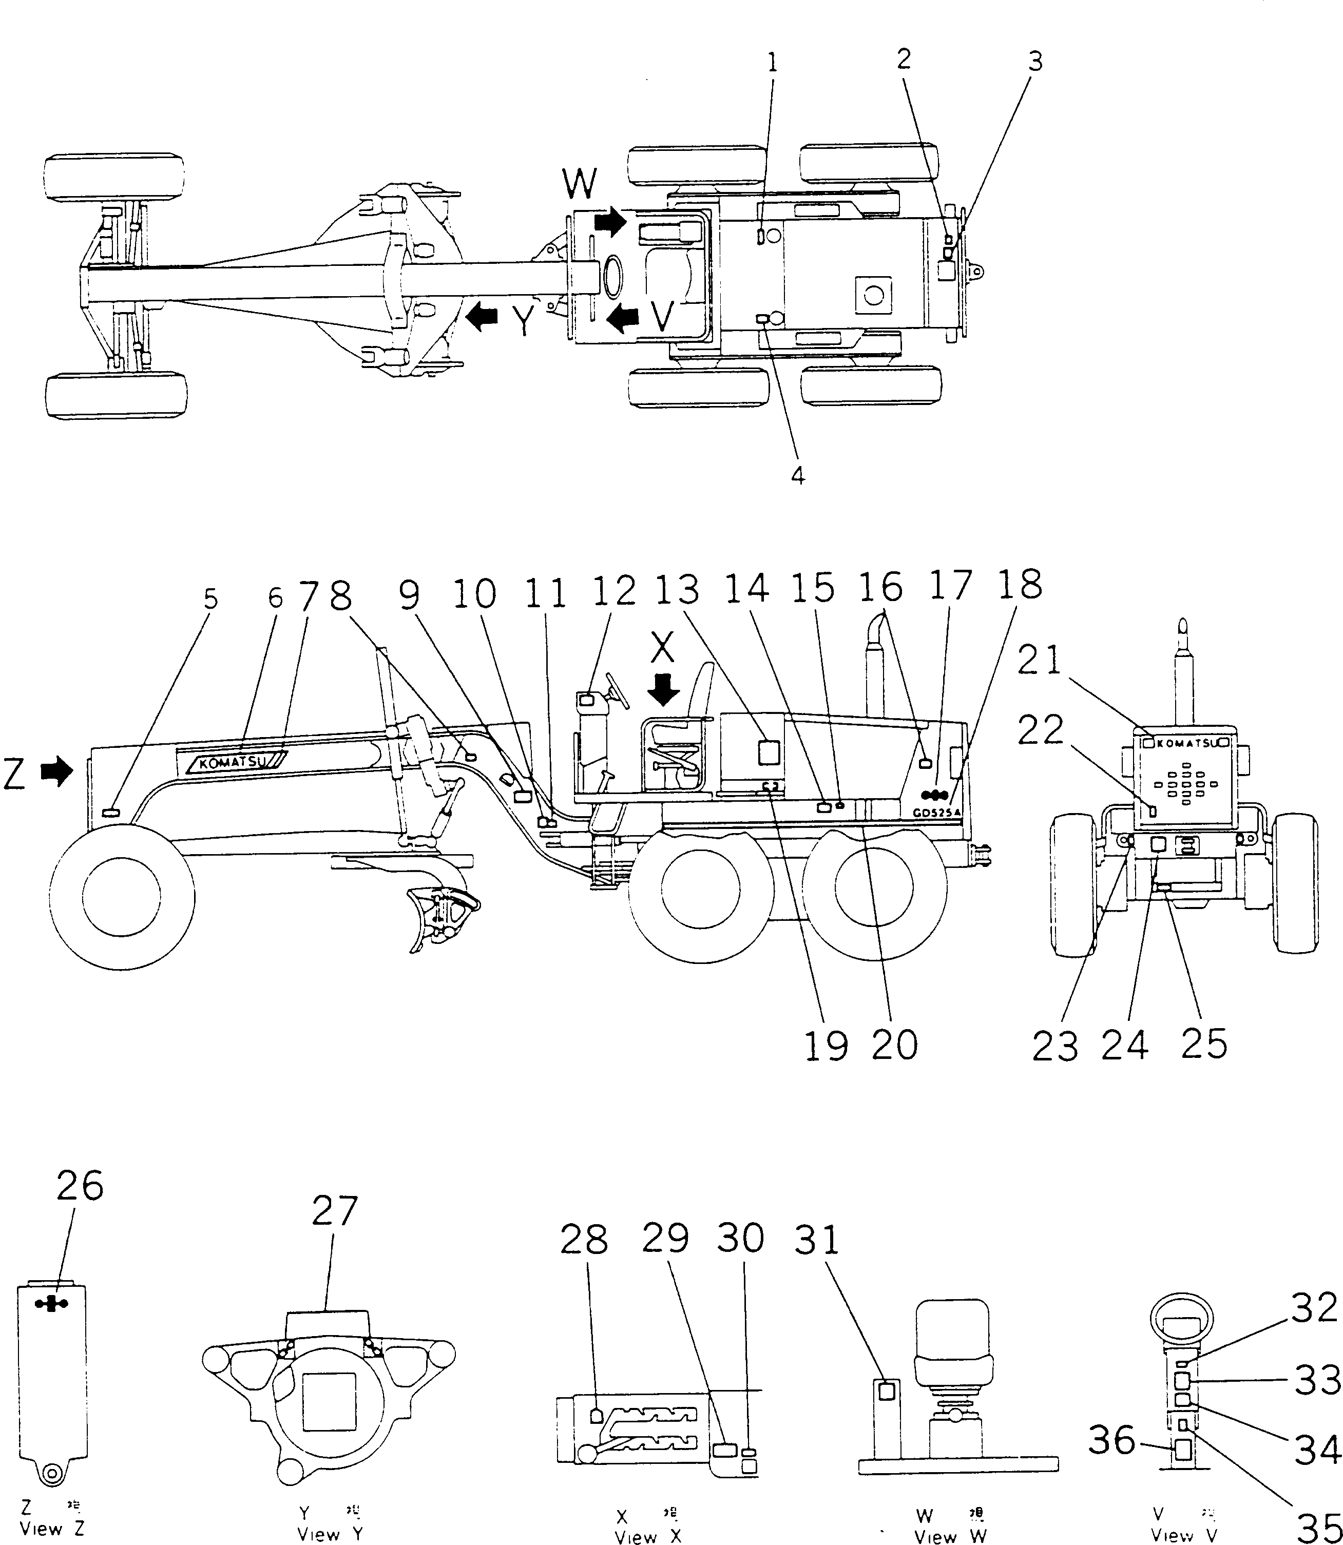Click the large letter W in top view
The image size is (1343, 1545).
580,184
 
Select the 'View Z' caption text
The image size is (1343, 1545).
52,1529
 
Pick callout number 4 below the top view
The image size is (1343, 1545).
798,474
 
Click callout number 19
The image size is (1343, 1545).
826,1045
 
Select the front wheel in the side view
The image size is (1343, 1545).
121,896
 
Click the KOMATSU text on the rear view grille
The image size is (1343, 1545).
1186,743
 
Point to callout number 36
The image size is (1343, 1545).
1111,1439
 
